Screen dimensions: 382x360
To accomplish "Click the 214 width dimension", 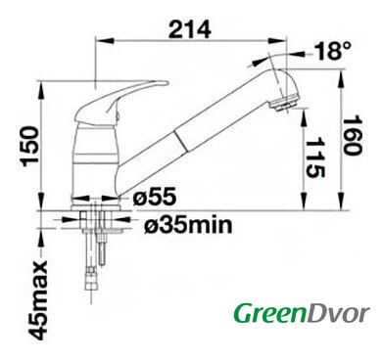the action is (190, 29).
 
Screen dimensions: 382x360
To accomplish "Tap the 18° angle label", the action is (333, 51).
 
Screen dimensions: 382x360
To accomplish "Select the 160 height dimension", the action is (353, 135).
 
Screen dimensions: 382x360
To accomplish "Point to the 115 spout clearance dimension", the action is (315, 157).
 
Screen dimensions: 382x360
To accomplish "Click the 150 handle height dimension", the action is (30, 146).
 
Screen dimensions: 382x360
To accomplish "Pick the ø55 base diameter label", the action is (155, 197).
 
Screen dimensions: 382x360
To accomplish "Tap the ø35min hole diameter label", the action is (188, 224).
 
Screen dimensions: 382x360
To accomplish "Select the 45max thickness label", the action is (38, 300).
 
